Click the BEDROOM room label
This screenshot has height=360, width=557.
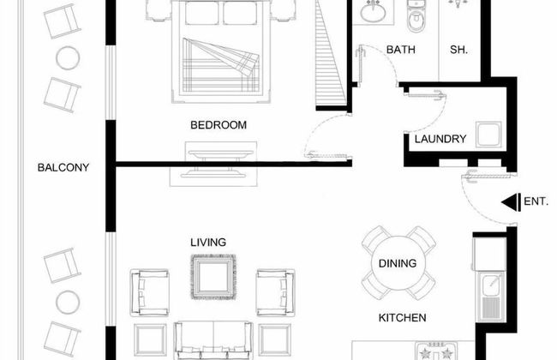coord(219,125)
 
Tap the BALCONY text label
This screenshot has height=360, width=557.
coord(63,167)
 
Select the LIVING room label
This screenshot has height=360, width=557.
coord(208,243)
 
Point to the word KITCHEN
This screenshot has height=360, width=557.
coord(402,318)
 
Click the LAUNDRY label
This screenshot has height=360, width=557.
coord(440,139)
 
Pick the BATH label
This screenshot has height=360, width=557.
coord(401,50)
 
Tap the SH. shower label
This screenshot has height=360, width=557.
coord(458,50)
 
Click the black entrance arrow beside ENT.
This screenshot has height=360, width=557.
coord(511,202)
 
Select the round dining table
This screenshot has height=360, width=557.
coord(398,263)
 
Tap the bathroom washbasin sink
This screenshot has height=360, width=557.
coord(373,13)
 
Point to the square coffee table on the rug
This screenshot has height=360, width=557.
coord(213,277)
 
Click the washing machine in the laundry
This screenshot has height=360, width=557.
coord(488,135)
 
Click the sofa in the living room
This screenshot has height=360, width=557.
coord(213,340)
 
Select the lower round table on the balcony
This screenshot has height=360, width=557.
coord(68,302)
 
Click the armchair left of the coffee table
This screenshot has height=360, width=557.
coord(150,293)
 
